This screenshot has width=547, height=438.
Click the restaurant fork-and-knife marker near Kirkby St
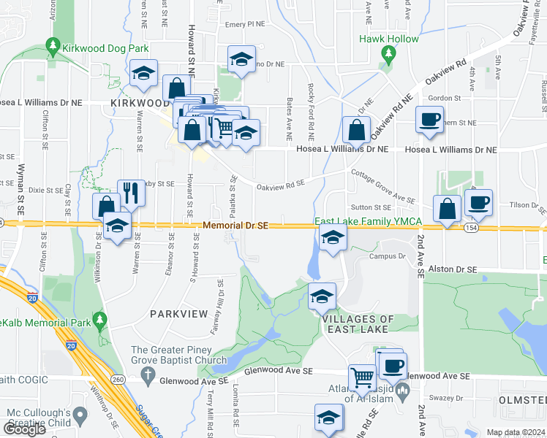131,193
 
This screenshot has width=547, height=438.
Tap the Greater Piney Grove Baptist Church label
190,354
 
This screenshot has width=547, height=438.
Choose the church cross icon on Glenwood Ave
148,377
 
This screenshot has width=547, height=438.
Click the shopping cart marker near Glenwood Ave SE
361,377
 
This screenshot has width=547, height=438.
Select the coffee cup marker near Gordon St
429,118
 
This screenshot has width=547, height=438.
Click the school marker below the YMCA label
332,237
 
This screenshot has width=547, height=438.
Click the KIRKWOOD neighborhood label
140,104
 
